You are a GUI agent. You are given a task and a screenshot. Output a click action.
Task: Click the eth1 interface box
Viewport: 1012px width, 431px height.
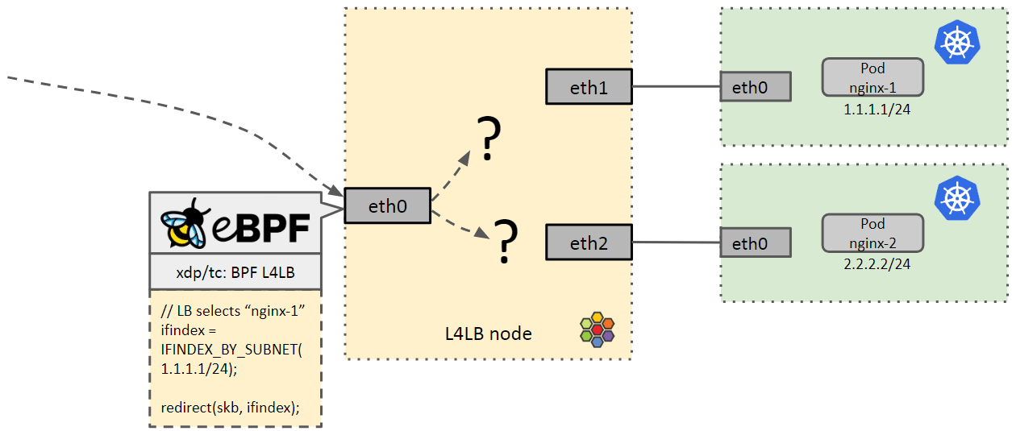(x=589, y=86)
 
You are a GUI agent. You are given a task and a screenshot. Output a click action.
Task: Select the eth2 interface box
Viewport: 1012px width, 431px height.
(x=589, y=242)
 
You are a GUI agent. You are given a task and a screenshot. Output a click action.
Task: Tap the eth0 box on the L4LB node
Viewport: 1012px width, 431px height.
(x=387, y=205)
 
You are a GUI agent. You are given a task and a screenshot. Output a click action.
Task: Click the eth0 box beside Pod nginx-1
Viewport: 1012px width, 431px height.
(x=755, y=87)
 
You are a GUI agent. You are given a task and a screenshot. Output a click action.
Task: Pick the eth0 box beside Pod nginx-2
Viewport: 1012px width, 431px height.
(x=755, y=242)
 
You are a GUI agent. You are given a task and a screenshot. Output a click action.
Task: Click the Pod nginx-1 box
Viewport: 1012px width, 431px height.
(x=872, y=77)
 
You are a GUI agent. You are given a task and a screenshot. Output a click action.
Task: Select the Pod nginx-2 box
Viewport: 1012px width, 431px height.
(x=872, y=232)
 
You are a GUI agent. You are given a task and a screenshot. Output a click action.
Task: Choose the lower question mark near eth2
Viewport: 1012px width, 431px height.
(x=506, y=242)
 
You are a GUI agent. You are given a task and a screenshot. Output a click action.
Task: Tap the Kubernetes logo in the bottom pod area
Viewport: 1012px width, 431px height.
(x=956, y=199)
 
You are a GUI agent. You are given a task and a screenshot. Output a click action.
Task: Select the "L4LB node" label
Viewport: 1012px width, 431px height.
(x=488, y=333)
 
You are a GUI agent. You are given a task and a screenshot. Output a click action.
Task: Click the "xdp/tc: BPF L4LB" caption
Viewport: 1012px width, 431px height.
(x=235, y=273)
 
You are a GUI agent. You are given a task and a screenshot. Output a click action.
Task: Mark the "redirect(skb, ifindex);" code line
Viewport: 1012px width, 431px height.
(x=230, y=408)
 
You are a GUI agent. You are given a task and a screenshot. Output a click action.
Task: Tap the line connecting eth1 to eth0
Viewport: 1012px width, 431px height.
(x=676, y=86)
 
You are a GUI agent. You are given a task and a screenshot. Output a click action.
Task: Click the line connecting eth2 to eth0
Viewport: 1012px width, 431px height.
(x=676, y=242)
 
